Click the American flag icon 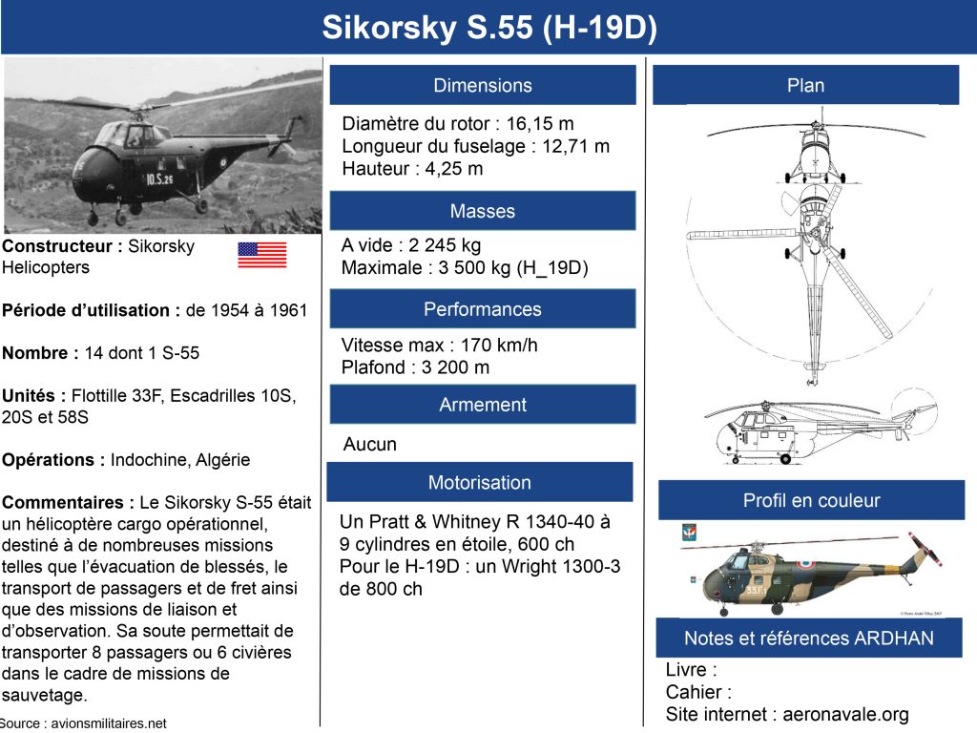pos(261,255)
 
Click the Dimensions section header pos(483,85)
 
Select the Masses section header pos(483,211)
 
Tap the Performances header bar pos(483,309)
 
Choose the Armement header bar pos(483,405)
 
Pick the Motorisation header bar pos(480,482)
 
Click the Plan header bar pos(806,85)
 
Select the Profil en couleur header pos(811,500)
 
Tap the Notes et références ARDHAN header pos(809,638)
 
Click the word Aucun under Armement pos(369,444)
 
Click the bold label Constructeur pos(60,246)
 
